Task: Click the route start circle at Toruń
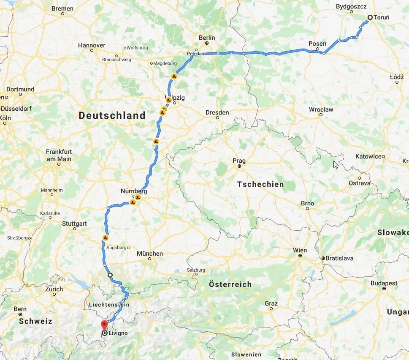[370, 17]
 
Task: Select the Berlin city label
[207, 38]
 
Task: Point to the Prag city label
[239, 161]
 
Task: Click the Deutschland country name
[112, 115]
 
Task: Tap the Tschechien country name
[260, 185]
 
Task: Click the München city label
[149, 254]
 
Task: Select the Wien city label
[300, 250]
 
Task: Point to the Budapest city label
[384, 283]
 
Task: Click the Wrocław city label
[321, 109]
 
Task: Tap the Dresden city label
[217, 112]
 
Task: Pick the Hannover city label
[92, 45]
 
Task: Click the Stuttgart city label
[74, 223]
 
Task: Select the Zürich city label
[54, 289]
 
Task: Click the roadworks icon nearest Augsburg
[104, 237]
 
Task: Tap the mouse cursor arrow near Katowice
[336, 164]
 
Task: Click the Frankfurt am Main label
[59, 155]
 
